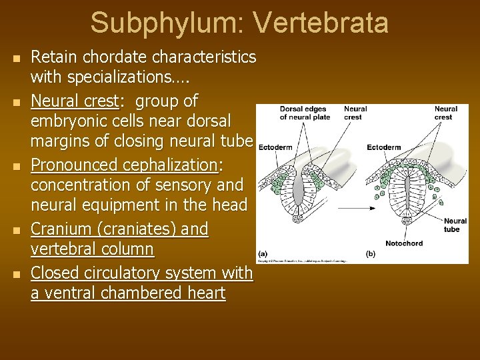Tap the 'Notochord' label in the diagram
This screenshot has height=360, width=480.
[x=403, y=243]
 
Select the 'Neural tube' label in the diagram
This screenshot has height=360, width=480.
[x=455, y=225]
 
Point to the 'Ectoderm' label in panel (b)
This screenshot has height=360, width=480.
[x=383, y=147]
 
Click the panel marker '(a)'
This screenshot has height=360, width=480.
[x=262, y=253]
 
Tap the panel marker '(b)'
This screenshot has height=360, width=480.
[x=371, y=253]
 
